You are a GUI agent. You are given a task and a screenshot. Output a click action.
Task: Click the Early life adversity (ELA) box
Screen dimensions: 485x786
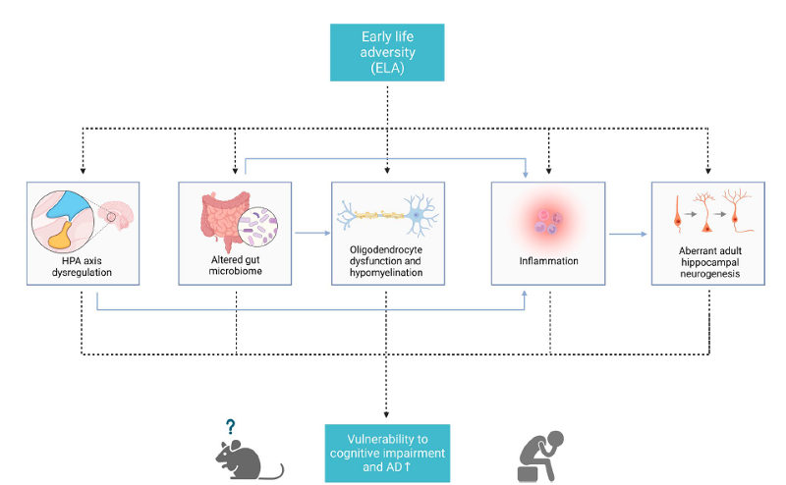pos(387,53)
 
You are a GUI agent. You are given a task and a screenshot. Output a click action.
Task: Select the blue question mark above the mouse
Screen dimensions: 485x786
pos(231,427)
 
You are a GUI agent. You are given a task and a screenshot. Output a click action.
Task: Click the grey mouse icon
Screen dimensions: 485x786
pos(248,459)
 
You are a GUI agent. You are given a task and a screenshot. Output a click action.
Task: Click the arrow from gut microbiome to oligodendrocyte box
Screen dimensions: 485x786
pos(310,234)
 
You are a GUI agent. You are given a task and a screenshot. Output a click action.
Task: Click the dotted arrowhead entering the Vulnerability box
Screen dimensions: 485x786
pos(387,418)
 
